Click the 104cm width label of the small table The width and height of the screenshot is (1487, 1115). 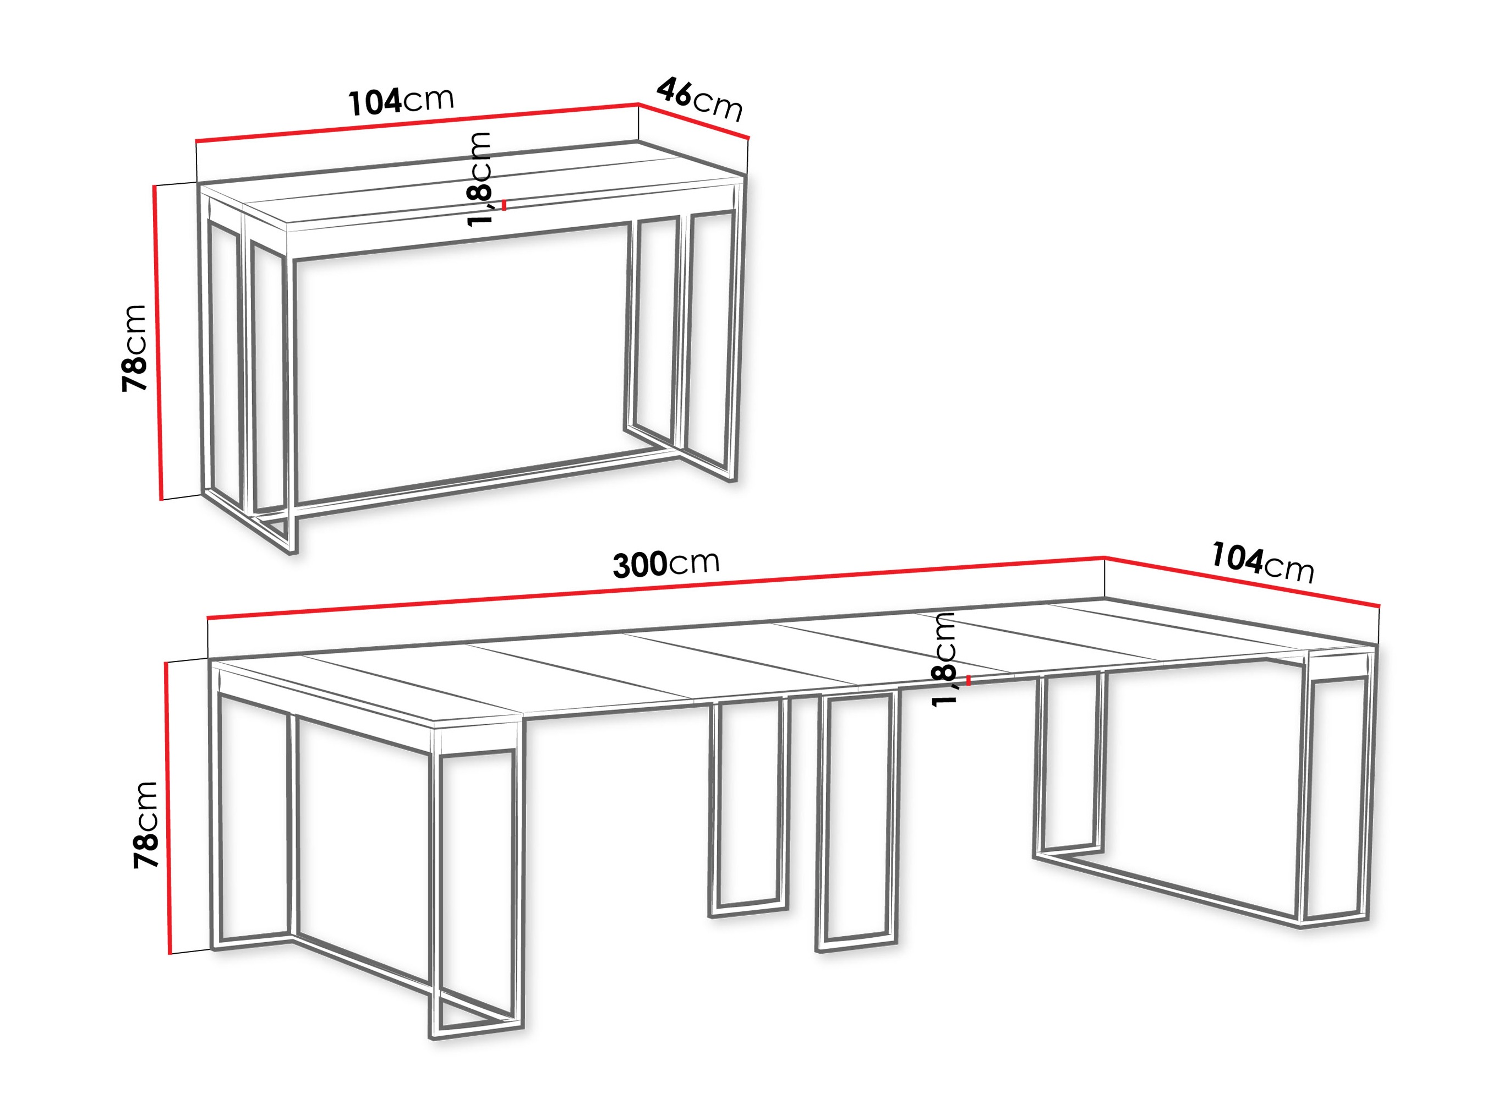(401, 101)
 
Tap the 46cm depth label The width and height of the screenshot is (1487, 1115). (699, 99)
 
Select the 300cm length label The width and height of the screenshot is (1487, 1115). (665, 562)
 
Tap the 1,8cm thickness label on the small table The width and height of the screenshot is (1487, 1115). (480, 179)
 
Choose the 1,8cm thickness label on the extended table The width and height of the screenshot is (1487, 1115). (944, 659)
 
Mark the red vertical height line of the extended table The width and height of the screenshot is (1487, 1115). (168, 806)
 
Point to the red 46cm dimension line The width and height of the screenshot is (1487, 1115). (693, 121)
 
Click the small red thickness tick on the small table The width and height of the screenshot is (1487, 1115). (504, 205)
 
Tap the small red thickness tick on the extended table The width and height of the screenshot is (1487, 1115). (968, 680)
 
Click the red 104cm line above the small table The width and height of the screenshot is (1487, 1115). (417, 123)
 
